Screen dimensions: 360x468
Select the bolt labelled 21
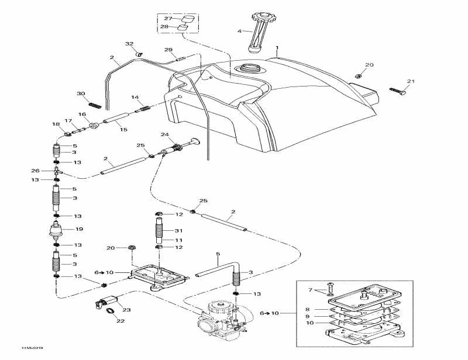398,91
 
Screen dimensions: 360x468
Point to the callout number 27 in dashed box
167,19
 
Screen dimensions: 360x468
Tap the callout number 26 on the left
36,171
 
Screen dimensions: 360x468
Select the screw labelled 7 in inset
329,287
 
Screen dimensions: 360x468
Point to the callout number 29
168,50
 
